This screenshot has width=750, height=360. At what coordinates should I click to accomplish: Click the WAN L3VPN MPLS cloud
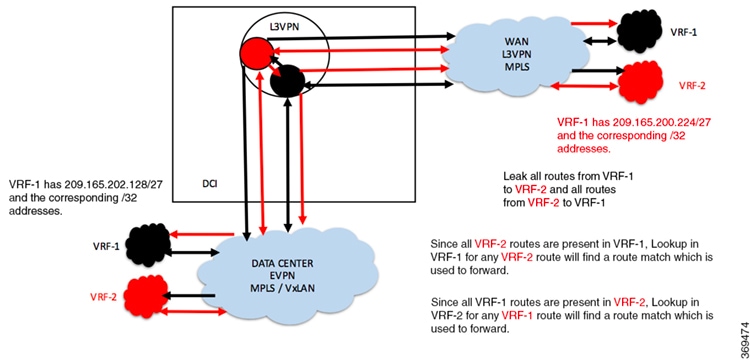511,55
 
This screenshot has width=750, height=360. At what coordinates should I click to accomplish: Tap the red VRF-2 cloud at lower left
145,297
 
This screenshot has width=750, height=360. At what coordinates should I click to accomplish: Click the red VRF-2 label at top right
694,86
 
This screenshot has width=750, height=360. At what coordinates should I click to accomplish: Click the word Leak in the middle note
514,175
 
